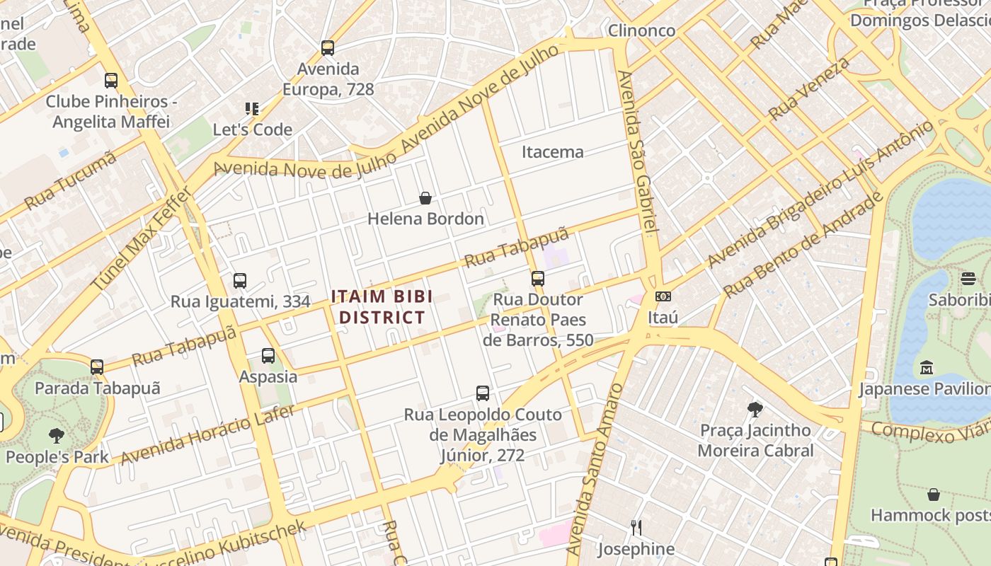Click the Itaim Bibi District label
382,306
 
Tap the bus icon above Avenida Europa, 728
327,48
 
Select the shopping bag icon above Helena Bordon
425,198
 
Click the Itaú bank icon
663,296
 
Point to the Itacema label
553,151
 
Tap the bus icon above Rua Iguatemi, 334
240,281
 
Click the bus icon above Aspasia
268,356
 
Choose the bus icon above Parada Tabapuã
97,367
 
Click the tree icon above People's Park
57,436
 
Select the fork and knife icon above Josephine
636,528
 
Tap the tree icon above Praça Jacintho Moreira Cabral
755,409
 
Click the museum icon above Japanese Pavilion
927,368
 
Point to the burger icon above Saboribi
968,279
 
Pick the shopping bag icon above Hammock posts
934,495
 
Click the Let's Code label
253,129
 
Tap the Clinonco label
642,30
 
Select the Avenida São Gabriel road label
637,152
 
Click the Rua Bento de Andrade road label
803,244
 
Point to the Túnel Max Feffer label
142,238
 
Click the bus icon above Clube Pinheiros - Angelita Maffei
111,81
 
